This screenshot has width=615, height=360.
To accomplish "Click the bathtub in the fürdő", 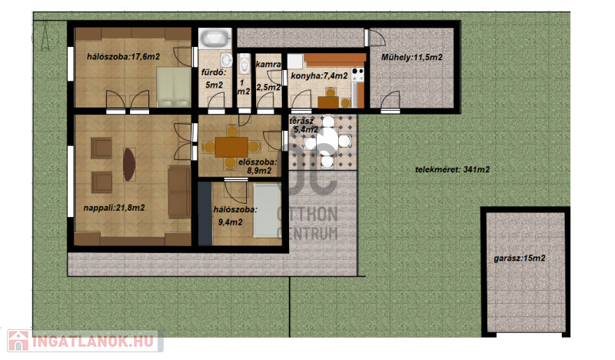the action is coord(214,38).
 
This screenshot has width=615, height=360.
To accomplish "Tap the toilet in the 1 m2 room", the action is coord(244,64).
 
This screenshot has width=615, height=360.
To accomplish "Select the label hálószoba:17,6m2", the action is coord(123,56).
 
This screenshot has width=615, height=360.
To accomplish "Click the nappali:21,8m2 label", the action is coord(114,208).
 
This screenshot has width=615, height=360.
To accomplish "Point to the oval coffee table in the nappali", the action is coord(129,164).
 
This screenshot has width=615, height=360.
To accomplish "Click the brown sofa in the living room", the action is coord(179,192).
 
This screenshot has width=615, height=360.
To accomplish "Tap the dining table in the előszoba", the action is coord(231,147).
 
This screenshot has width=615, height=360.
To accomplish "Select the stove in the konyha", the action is coord(357,75).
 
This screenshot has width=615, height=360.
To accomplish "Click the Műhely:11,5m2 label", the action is coord(412,58).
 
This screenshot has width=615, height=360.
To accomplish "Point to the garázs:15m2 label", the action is coord(520,258).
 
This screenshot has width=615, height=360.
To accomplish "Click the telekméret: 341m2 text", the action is coord(452,169).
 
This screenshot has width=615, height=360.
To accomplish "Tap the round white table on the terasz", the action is coord(327,140).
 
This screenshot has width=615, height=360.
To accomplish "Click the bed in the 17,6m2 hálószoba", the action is coord(174,87).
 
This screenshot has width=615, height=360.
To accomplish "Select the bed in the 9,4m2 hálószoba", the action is coord(267,211).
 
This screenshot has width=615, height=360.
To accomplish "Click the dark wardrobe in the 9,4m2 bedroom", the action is coord(204,214).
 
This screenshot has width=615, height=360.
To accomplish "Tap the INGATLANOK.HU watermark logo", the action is coord(85,342).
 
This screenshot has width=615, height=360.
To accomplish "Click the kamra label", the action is coord(268,64).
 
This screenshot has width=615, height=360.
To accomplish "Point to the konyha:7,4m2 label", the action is coord(319,75).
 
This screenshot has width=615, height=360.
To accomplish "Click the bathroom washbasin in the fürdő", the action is coord(226,60).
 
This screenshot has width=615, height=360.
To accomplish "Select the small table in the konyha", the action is coord(328,102).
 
